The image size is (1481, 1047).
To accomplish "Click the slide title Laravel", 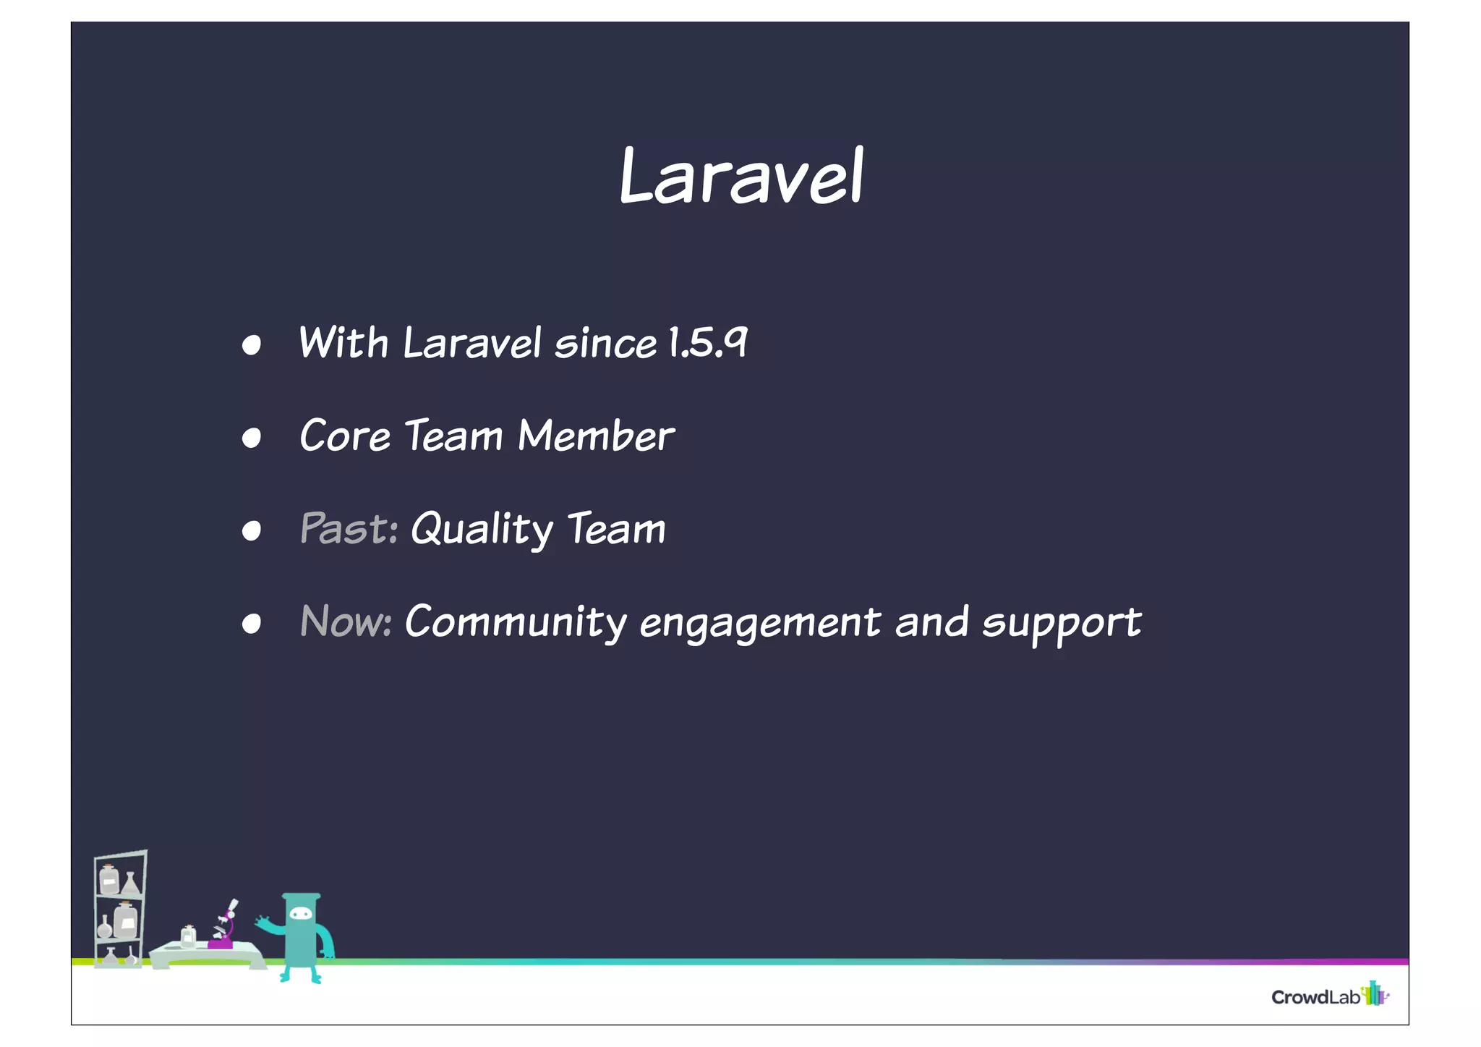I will [741, 177].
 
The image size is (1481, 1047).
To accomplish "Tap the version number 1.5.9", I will [707, 343].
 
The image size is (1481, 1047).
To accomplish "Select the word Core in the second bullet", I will [345, 436].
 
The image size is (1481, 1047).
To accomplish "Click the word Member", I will [596, 436].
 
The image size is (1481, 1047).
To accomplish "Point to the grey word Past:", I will [349, 529].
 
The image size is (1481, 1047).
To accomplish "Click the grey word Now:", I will [346, 622].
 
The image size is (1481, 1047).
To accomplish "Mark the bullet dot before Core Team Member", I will [251, 438].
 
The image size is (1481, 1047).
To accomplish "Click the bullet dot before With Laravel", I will [251, 345].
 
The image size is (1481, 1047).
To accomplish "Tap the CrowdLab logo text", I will [1315, 997].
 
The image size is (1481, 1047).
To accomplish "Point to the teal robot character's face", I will [301, 915].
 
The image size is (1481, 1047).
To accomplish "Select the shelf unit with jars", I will [119, 908].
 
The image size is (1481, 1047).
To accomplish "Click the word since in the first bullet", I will [605, 344].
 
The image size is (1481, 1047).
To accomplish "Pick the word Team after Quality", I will [615, 529].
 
